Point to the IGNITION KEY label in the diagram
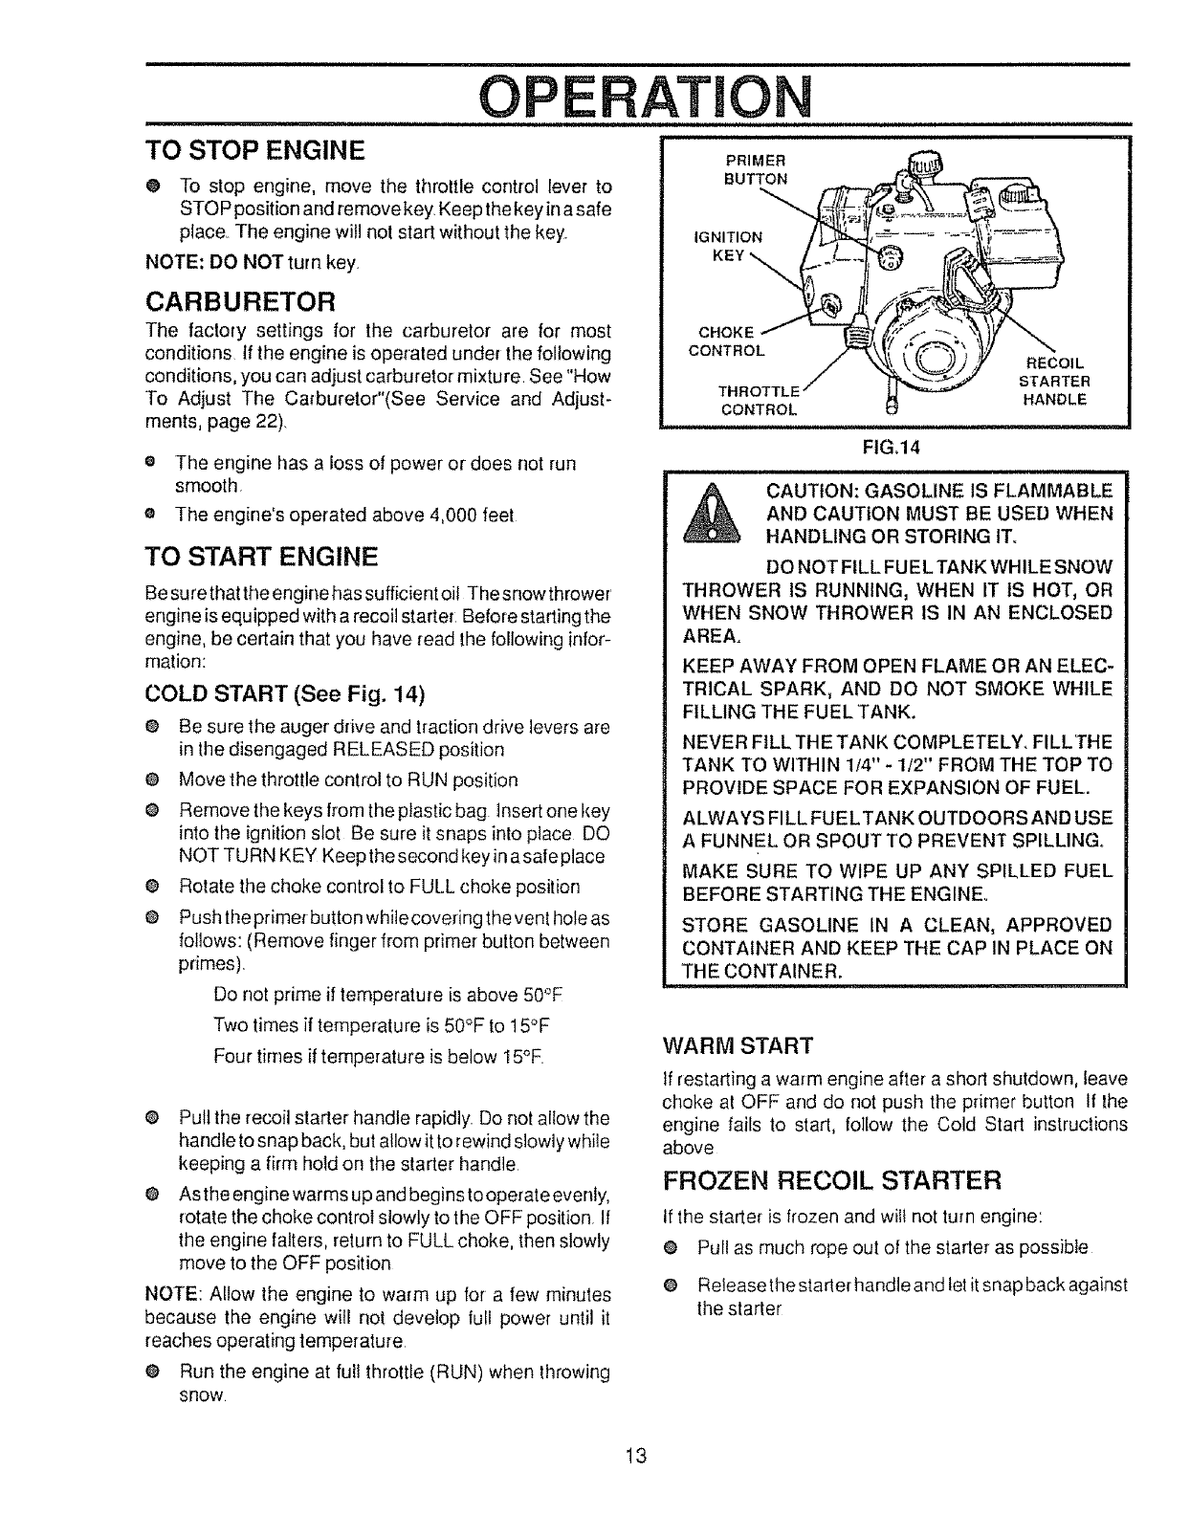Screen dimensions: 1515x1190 pyautogui.click(x=729, y=245)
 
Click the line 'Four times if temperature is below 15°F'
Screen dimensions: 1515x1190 pyautogui.click(x=379, y=1058)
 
